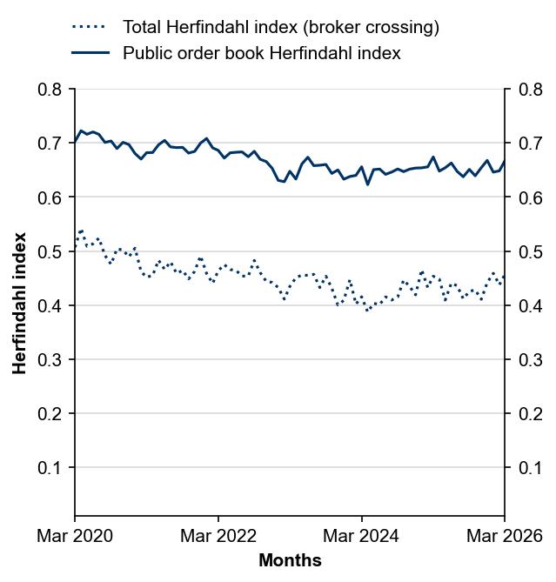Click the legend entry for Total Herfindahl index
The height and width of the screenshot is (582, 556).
pos(280,27)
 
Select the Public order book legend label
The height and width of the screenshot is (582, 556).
pos(261,53)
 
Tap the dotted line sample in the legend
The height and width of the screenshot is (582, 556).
pos(90,27)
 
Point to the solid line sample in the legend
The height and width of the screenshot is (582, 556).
pos(90,53)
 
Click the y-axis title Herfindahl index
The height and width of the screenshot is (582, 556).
pos(19,303)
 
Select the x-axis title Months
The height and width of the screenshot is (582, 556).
pos(290,561)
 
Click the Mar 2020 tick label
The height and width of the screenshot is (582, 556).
pos(75,536)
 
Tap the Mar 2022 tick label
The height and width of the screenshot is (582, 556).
pos(218,536)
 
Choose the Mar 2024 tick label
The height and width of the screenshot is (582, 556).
pos(361,536)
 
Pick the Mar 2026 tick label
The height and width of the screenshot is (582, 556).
pos(505,536)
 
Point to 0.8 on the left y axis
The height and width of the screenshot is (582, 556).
pos(50,90)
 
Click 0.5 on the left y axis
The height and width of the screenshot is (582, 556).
pos(50,251)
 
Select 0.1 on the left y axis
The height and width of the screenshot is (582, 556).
pos(50,468)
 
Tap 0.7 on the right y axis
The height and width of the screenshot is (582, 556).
pos(530,144)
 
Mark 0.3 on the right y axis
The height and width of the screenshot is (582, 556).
pos(530,360)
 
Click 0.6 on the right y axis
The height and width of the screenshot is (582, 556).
pos(530,197)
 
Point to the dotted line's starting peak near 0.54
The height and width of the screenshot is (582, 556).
pos(81,231)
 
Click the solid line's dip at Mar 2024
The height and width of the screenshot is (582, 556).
pos(367,184)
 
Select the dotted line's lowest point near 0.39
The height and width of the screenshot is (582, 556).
pos(367,311)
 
